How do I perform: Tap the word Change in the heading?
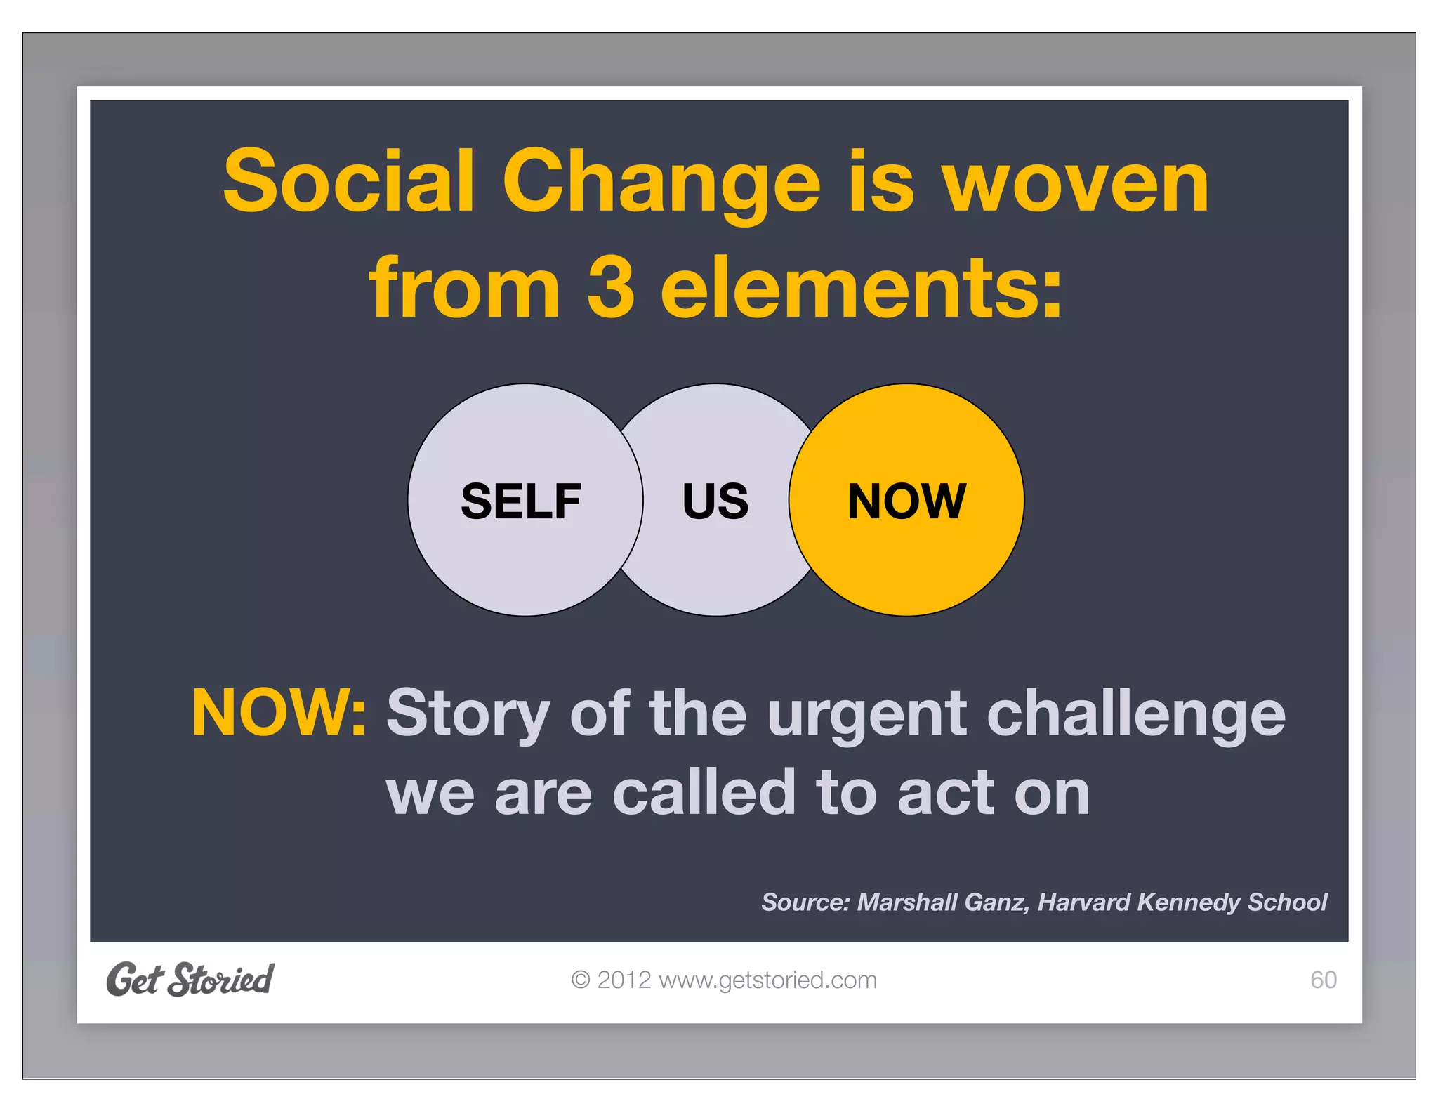(x=661, y=184)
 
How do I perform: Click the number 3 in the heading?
(x=610, y=287)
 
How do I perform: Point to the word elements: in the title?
(x=862, y=287)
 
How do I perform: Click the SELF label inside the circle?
(x=520, y=501)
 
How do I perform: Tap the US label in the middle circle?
(x=715, y=501)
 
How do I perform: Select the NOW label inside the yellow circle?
(x=906, y=501)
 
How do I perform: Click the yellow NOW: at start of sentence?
(x=279, y=714)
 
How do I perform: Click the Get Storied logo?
(x=190, y=980)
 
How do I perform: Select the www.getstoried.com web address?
(x=767, y=980)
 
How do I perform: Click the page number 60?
(x=1323, y=980)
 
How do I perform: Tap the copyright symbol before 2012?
(x=581, y=980)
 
